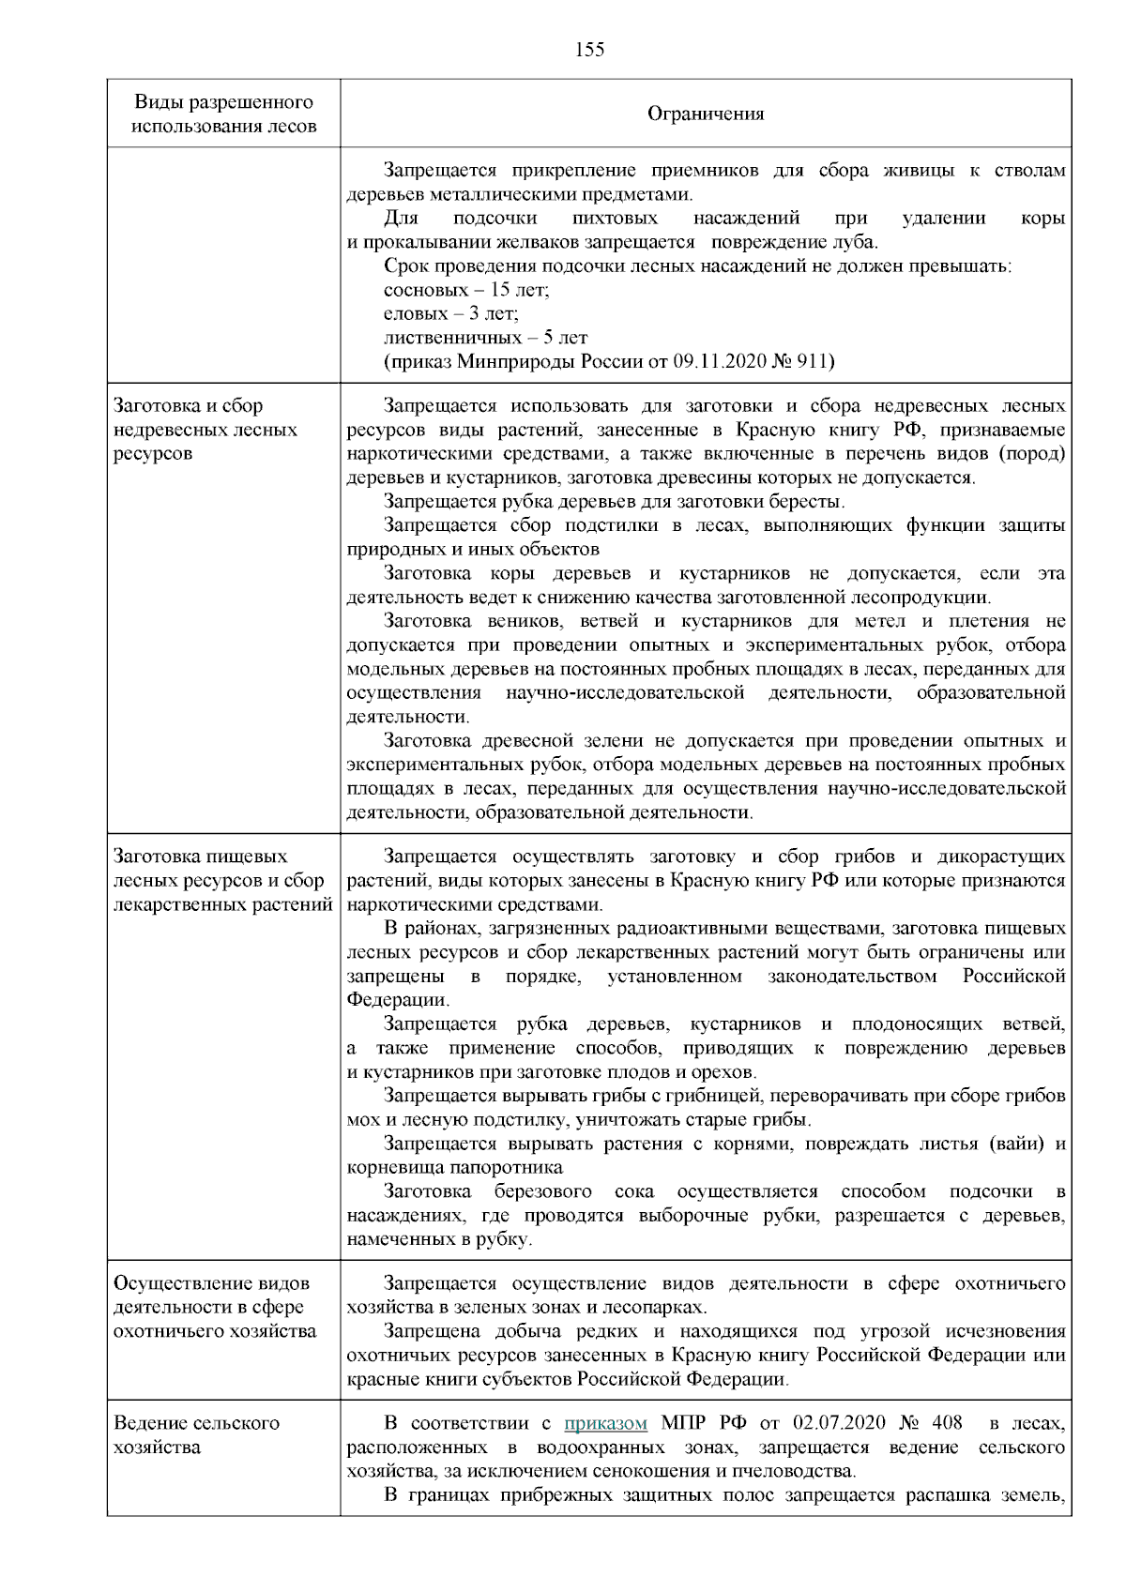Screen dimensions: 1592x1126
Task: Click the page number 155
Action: (x=589, y=50)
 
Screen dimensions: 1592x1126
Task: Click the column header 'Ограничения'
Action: (x=706, y=114)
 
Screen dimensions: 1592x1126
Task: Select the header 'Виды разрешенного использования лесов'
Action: (x=223, y=114)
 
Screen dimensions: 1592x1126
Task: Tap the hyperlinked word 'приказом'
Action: (x=605, y=1423)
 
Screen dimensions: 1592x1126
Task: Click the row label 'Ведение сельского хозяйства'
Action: (x=196, y=1434)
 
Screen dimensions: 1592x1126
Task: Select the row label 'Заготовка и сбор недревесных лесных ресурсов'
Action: (x=205, y=430)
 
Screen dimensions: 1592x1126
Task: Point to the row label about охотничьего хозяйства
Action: (x=214, y=1307)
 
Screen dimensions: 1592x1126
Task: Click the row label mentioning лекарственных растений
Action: (x=222, y=880)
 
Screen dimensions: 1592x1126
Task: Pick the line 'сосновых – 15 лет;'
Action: (x=466, y=290)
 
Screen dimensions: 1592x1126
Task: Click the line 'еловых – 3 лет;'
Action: (x=451, y=313)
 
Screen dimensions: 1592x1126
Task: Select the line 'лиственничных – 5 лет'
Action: (x=485, y=338)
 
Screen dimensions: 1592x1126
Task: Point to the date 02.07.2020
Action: (x=837, y=1423)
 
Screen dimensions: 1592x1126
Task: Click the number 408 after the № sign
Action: (x=946, y=1423)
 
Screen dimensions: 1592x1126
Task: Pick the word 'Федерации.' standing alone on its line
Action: (x=398, y=1000)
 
